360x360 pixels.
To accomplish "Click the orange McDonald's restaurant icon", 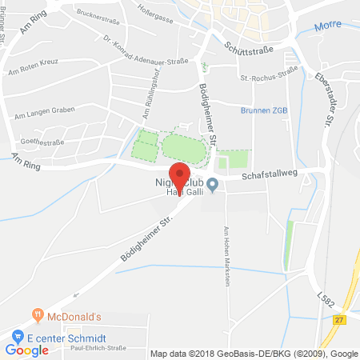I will tap(35, 313).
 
